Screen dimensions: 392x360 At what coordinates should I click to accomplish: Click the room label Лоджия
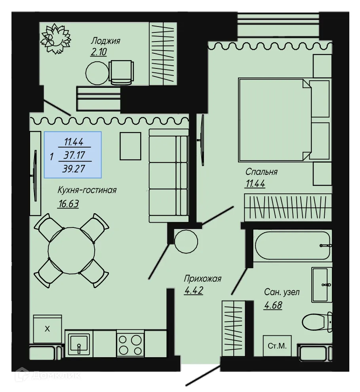tap(105, 41)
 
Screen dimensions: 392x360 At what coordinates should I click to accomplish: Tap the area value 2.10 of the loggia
tap(99, 52)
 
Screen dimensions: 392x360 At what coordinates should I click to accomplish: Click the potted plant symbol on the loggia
tap(57, 38)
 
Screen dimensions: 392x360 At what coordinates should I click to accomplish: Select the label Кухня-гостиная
tap(87, 190)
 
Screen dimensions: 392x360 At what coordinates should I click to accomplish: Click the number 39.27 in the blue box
tap(74, 169)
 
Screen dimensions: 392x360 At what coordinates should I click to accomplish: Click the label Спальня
tap(261, 172)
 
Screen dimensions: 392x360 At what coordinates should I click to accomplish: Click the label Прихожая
tap(202, 279)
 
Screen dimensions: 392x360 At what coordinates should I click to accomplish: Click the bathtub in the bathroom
tap(292, 245)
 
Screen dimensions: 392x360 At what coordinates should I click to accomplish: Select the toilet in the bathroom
tap(317, 322)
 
